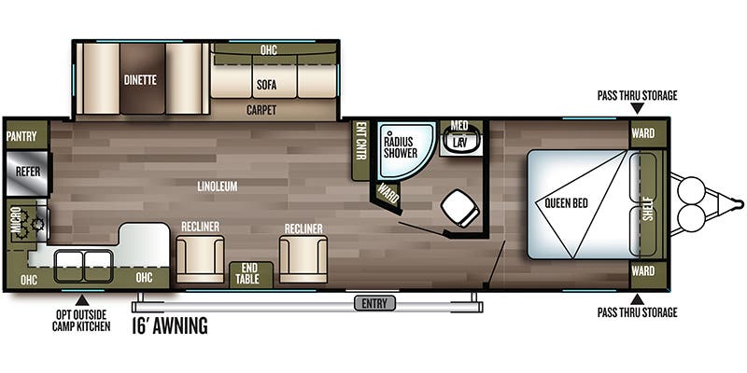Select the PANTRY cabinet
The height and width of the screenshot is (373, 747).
click(21, 136)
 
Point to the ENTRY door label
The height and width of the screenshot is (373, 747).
click(374, 303)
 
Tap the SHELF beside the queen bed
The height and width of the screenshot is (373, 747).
click(647, 204)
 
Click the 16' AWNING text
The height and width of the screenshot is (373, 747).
click(170, 326)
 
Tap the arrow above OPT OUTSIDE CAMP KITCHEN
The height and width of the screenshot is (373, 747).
click(81, 300)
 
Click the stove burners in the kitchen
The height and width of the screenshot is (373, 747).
click(35, 224)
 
